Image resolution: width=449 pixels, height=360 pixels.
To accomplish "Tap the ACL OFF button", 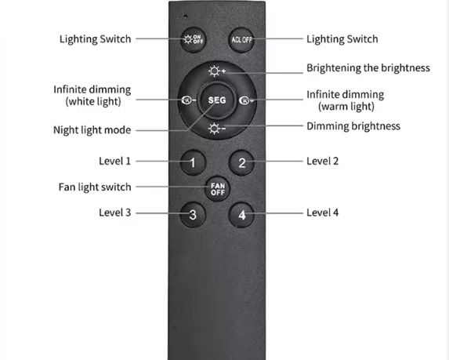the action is (x=241, y=39).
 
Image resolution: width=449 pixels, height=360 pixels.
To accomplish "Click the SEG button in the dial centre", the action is (x=217, y=100).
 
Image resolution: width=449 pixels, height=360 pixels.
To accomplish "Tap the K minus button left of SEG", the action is (x=189, y=100).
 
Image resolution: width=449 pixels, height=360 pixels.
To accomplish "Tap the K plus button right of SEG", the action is (x=246, y=100).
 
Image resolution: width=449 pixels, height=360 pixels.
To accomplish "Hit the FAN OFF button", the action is (x=218, y=189).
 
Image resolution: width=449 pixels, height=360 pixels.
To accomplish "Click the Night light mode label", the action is (x=92, y=130).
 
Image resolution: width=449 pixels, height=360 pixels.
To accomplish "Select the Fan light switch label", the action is (x=95, y=187).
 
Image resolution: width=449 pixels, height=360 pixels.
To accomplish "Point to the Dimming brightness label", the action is (x=353, y=126).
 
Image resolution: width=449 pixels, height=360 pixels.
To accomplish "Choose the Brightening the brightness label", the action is (x=368, y=68).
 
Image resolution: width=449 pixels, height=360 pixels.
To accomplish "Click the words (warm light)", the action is (x=346, y=107).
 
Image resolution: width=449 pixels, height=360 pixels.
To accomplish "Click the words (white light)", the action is (x=93, y=101).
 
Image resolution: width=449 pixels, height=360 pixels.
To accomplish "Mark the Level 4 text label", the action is (x=322, y=213).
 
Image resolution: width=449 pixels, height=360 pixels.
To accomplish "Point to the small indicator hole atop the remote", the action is (x=186, y=16).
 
